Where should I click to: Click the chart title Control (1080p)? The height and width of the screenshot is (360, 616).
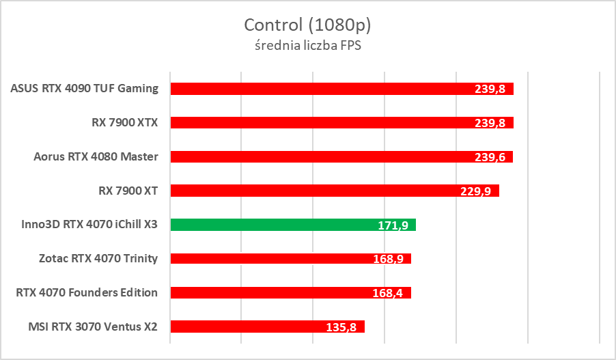coord(307,25)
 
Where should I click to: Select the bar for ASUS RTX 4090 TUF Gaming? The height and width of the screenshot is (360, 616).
coord(321,88)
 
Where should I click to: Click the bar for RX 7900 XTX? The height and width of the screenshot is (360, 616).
coord(321,122)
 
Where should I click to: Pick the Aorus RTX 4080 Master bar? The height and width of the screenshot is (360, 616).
coord(321,156)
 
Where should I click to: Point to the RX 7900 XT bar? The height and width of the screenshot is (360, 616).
coord(314,191)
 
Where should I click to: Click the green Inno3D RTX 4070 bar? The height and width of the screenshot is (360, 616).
coord(273,225)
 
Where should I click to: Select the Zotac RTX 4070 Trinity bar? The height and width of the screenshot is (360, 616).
coord(273,258)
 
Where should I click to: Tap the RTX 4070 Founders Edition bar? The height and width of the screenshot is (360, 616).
coord(273,292)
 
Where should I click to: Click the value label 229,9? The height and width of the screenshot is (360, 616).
coord(476,191)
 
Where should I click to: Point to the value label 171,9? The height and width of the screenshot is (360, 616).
coord(393,225)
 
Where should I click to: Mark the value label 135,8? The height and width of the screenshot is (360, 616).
coord(341,327)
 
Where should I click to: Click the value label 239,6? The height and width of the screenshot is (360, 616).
coord(490,157)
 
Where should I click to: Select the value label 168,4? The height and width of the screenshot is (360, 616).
coord(388,293)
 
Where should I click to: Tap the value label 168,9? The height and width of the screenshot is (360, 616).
coord(388,259)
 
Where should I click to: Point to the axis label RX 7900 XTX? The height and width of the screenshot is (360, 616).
coord(124,122)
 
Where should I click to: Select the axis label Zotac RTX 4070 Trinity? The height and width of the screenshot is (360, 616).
coord(99,258)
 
